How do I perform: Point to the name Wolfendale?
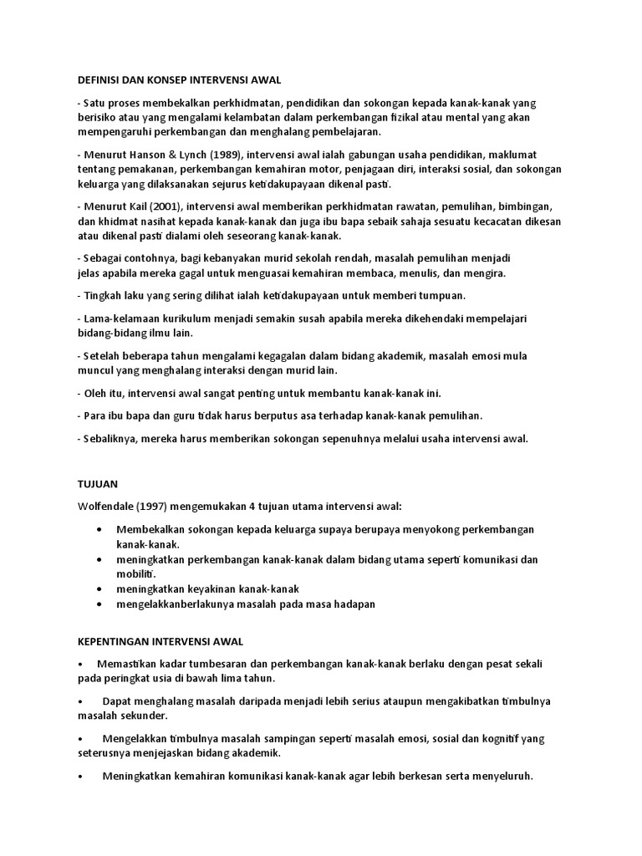tap(107, 506)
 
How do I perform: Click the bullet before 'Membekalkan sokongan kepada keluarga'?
tap(100, 530)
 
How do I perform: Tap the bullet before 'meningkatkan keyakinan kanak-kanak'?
tap(100, 589)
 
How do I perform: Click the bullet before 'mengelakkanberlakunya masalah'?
tap(100, 604)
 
